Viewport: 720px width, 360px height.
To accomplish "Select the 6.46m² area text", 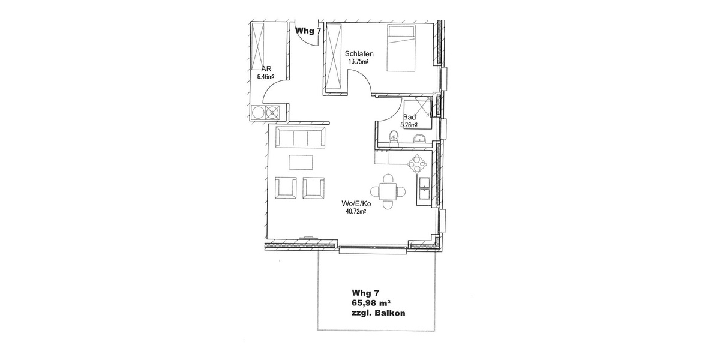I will pos(265,77).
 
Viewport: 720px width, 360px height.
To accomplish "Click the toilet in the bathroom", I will pos(392,136).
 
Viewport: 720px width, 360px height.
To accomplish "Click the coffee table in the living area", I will pos(301,163).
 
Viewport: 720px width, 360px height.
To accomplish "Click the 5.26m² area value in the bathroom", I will pos(409,125).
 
